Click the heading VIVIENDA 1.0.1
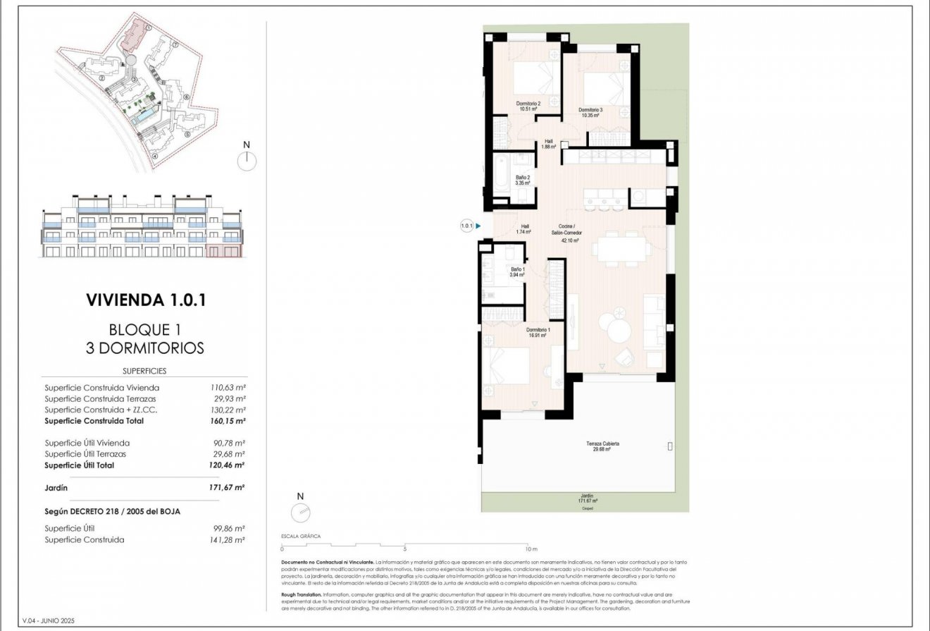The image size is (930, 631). (145, 300)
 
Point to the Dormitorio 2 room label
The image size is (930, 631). (529, 106)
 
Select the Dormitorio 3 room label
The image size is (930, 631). (590, 112)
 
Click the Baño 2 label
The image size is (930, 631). (522, 180)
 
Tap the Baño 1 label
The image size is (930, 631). (518, 272)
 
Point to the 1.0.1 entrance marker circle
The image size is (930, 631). (466, 226)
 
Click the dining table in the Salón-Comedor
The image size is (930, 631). (620, 248)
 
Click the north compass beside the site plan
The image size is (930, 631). (247, 161)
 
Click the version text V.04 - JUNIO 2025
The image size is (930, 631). (48, 620)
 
